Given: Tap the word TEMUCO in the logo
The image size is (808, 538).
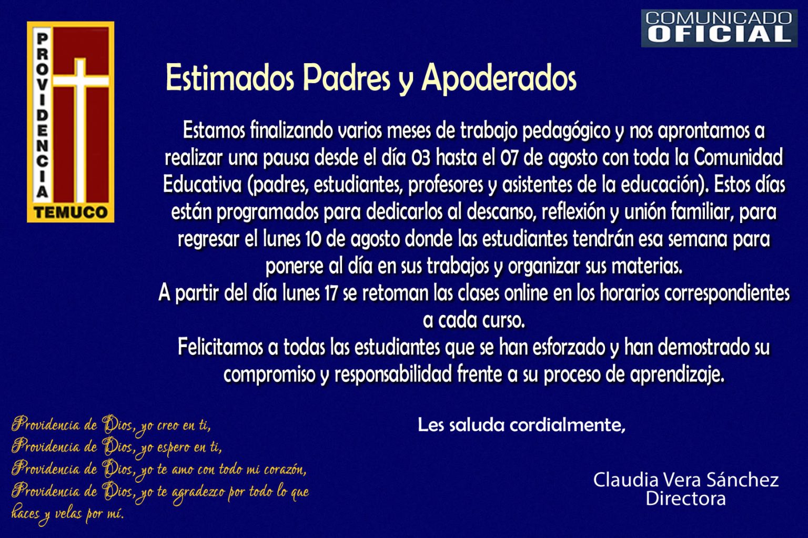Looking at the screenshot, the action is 70,212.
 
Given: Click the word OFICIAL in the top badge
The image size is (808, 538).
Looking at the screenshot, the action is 719,34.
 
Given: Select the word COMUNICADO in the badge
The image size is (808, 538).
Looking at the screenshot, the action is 719,18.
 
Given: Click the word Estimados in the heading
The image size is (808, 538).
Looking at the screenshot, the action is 230,78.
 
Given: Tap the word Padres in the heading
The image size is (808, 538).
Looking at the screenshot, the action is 346,78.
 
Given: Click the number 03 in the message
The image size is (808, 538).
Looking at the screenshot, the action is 421,158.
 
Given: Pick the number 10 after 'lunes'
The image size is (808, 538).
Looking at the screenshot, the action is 313,239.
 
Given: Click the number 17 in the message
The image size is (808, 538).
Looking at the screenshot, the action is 331,293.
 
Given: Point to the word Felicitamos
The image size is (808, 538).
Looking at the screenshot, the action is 220,347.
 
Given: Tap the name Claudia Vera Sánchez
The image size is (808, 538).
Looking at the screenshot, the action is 686,480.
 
